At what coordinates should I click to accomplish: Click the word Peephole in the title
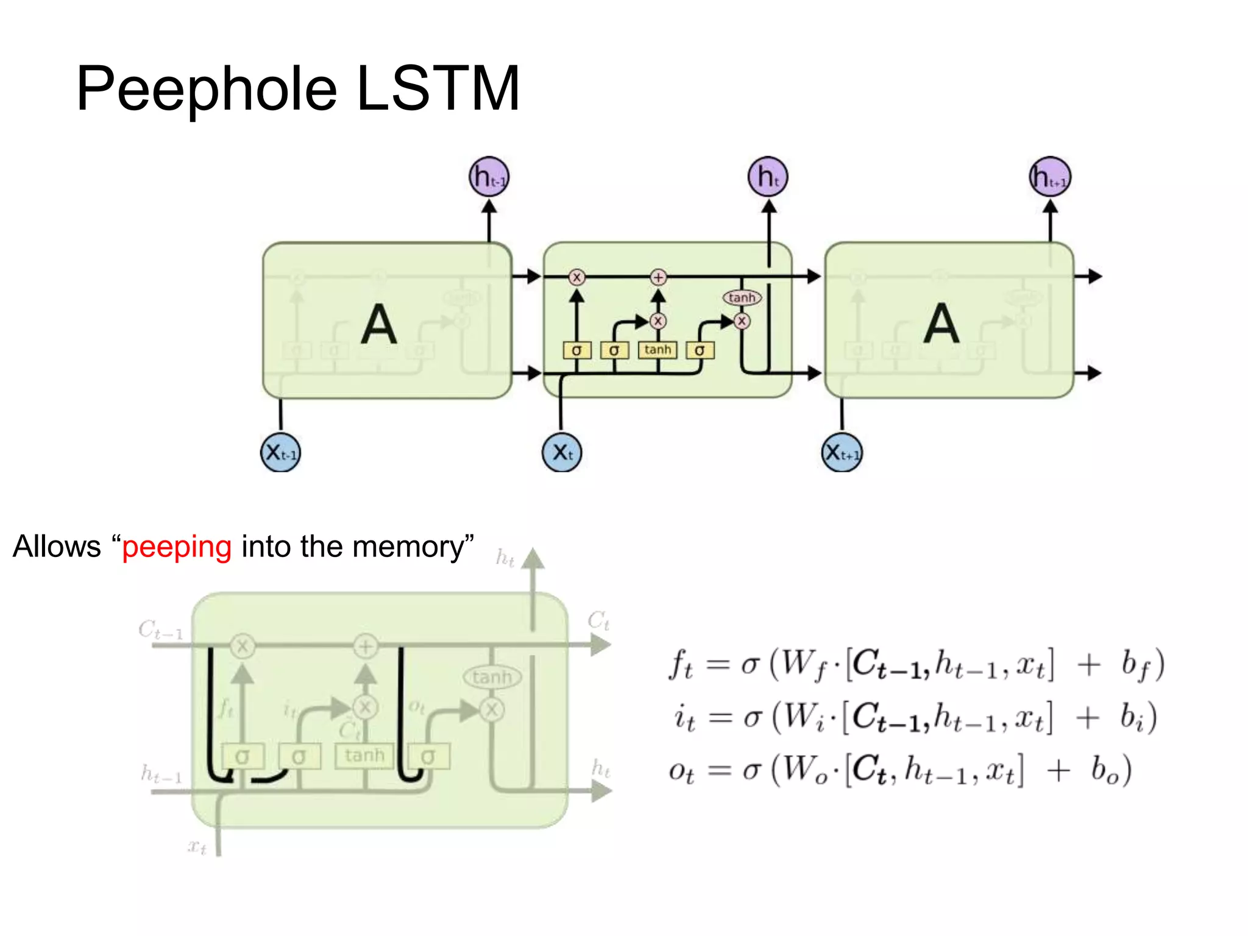coord(206,90)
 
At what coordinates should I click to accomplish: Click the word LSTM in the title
coord(438,90)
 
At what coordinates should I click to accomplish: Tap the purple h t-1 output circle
coord(489,177)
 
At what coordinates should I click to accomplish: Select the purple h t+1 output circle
coord(1049,177)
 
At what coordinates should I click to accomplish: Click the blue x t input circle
coord(562,452)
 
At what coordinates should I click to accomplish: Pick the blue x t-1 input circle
coord(280,452)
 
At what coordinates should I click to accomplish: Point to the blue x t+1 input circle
coord(842,452)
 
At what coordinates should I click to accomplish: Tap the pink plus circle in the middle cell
coord(658,277)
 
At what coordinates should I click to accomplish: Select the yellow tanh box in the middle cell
coord(658,350)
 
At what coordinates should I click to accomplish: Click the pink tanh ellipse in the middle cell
coord(742,297)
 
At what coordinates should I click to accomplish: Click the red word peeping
coord(177,547)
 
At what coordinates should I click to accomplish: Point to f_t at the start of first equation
coord(681,665)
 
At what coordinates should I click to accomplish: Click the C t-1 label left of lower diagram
coord(160,629)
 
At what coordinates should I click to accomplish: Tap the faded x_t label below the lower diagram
coord(197,846)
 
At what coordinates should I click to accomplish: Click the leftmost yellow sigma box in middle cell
coord(576,350)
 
